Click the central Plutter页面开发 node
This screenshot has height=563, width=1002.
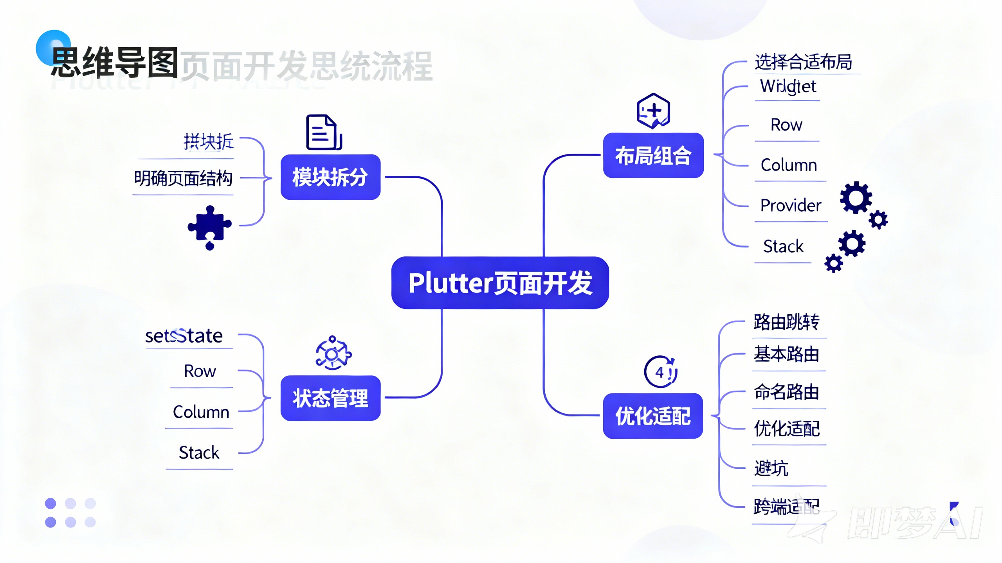pyautogui.click(x=500, y=283)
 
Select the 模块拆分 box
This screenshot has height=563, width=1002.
pyautogui.click(x=330, y=177)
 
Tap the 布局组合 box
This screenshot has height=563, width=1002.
pyautogui.click(x=653, y=155)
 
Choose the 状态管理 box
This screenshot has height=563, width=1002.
pyautogui.click(x=330, y=398)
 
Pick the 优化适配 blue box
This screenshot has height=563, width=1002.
pyautogui.click(x=653, y=416)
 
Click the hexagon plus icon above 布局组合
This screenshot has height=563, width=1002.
pyautogui.click(x=653, y=111)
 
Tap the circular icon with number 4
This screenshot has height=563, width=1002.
pyautogui.click(x=660, y=372)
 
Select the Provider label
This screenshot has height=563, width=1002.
pyautogui.click(x=791, y=205)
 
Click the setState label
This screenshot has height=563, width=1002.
pyautogui.click(x=184, y=336)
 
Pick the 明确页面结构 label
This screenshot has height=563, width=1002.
pyautogui.click(x=183, y=178)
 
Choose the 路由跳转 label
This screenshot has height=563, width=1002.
pyautogui.click(x=786, y=322)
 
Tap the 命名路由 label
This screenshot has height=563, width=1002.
pyautogui.click(x=786, y=392)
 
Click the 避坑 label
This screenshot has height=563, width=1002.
pyautogui.click(x=771, y=468)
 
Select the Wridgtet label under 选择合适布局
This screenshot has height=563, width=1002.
pyautogui.click(x=788, y=86)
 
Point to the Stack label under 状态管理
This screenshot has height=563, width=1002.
pyautogui.click(x=199, y=452)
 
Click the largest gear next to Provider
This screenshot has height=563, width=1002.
pyautogui.click(x=856, y=198)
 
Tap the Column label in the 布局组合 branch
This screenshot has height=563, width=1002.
pyautogui.click(x=789, y=165)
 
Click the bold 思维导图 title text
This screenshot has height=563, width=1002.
pyautogui.click(x=115, y=63)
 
